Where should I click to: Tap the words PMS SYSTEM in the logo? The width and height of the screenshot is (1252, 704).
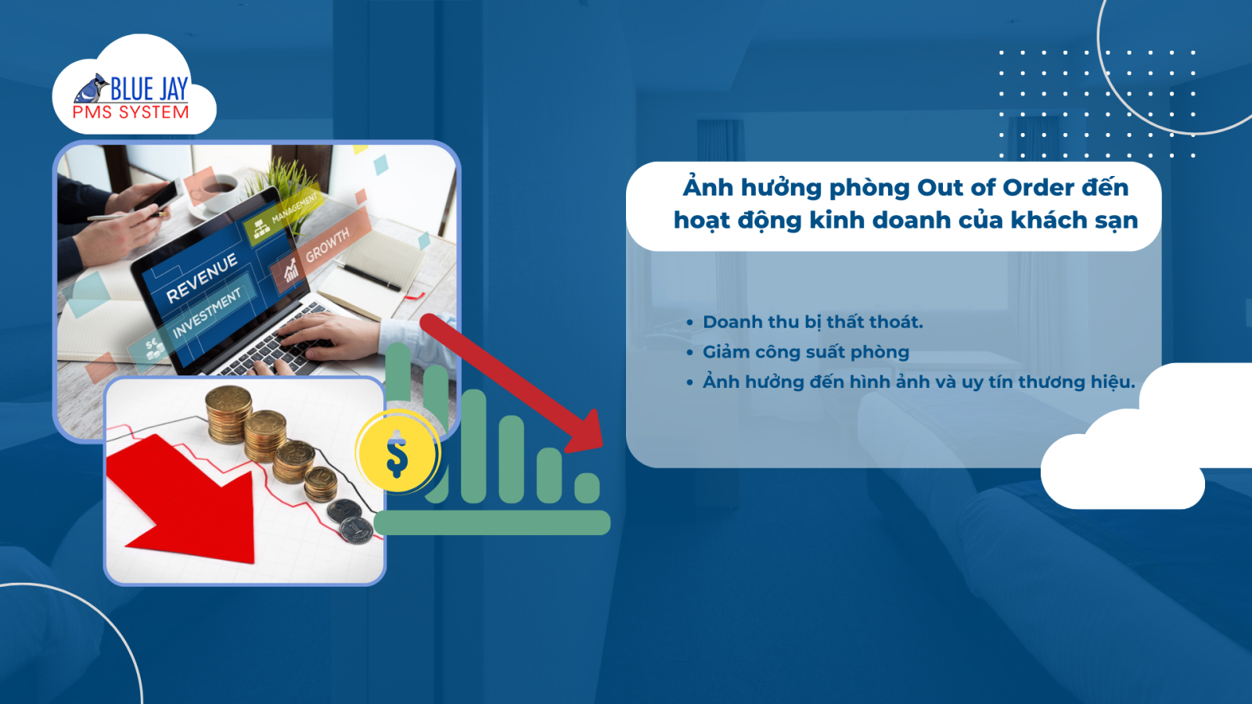coord(131,113)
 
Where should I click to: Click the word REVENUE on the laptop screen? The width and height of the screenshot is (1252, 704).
coord(202,278)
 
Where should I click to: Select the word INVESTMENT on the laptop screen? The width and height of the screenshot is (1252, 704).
coord(207,313)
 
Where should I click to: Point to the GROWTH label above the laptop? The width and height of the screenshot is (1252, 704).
coord(328,246)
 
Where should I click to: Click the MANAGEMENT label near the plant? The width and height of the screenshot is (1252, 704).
coord(294,207)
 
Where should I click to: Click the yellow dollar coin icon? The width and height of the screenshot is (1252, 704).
coord(398,451)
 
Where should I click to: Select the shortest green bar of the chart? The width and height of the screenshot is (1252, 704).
coord(587,488)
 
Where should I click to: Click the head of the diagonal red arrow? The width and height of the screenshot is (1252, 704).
coord(586,433)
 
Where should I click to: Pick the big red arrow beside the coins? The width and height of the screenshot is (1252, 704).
coord(185,499)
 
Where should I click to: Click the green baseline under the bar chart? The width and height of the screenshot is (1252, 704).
coord(492,523)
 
